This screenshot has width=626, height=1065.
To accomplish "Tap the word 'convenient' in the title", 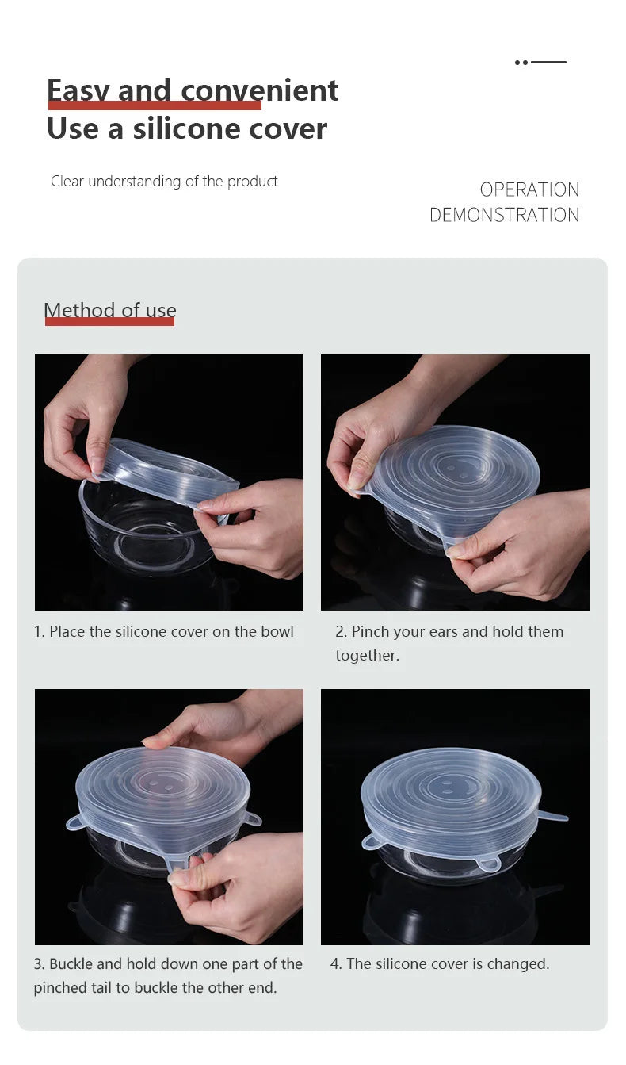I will [x=259, y=90].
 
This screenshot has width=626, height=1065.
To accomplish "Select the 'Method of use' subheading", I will [x=110, y=310].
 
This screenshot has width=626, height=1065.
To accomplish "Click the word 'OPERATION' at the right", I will [x=529, y=190].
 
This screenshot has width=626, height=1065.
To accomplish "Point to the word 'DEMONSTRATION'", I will [x=504, y=215].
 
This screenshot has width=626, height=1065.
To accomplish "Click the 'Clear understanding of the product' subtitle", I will [x=164, y=182].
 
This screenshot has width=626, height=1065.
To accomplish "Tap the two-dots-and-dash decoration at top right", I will [x=540, y=62].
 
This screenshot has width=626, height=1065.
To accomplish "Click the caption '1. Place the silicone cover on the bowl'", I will [x=163, y=632].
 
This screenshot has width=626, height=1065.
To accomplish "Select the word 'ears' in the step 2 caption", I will [x=437, y=632].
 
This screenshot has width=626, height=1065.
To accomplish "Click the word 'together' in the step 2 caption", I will [x=365, y=656].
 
